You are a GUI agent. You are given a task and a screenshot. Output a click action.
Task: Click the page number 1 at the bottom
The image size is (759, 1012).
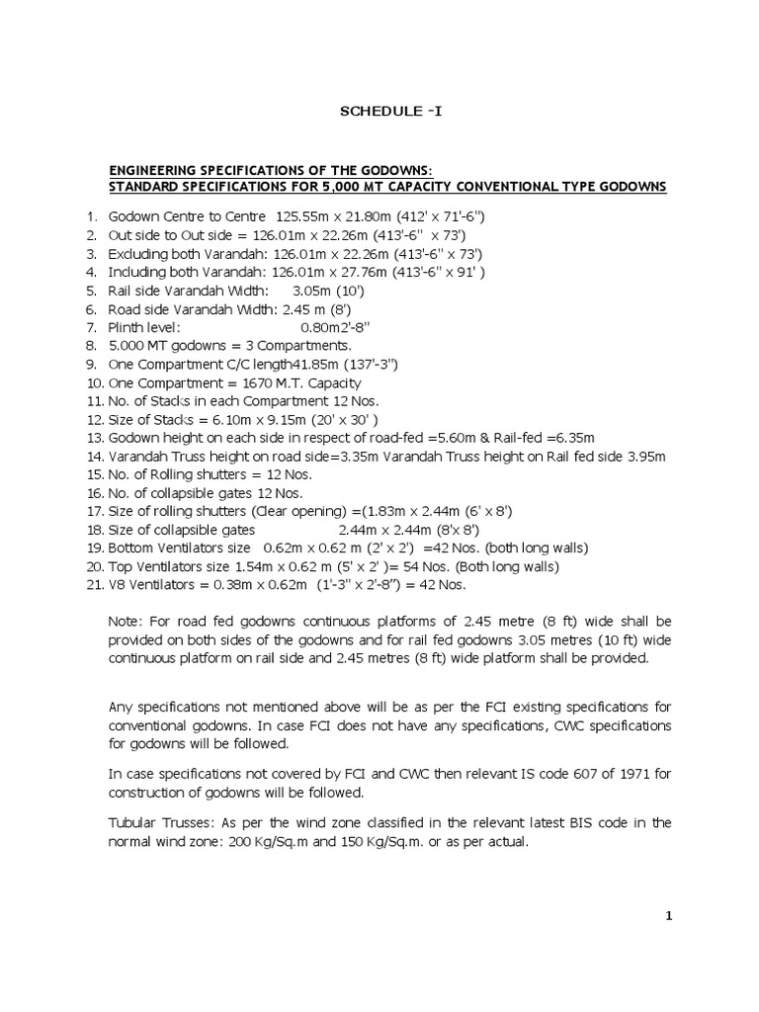[x=669, y=916]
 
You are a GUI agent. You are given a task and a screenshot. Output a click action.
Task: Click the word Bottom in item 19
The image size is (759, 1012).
[x=130, y=548]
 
